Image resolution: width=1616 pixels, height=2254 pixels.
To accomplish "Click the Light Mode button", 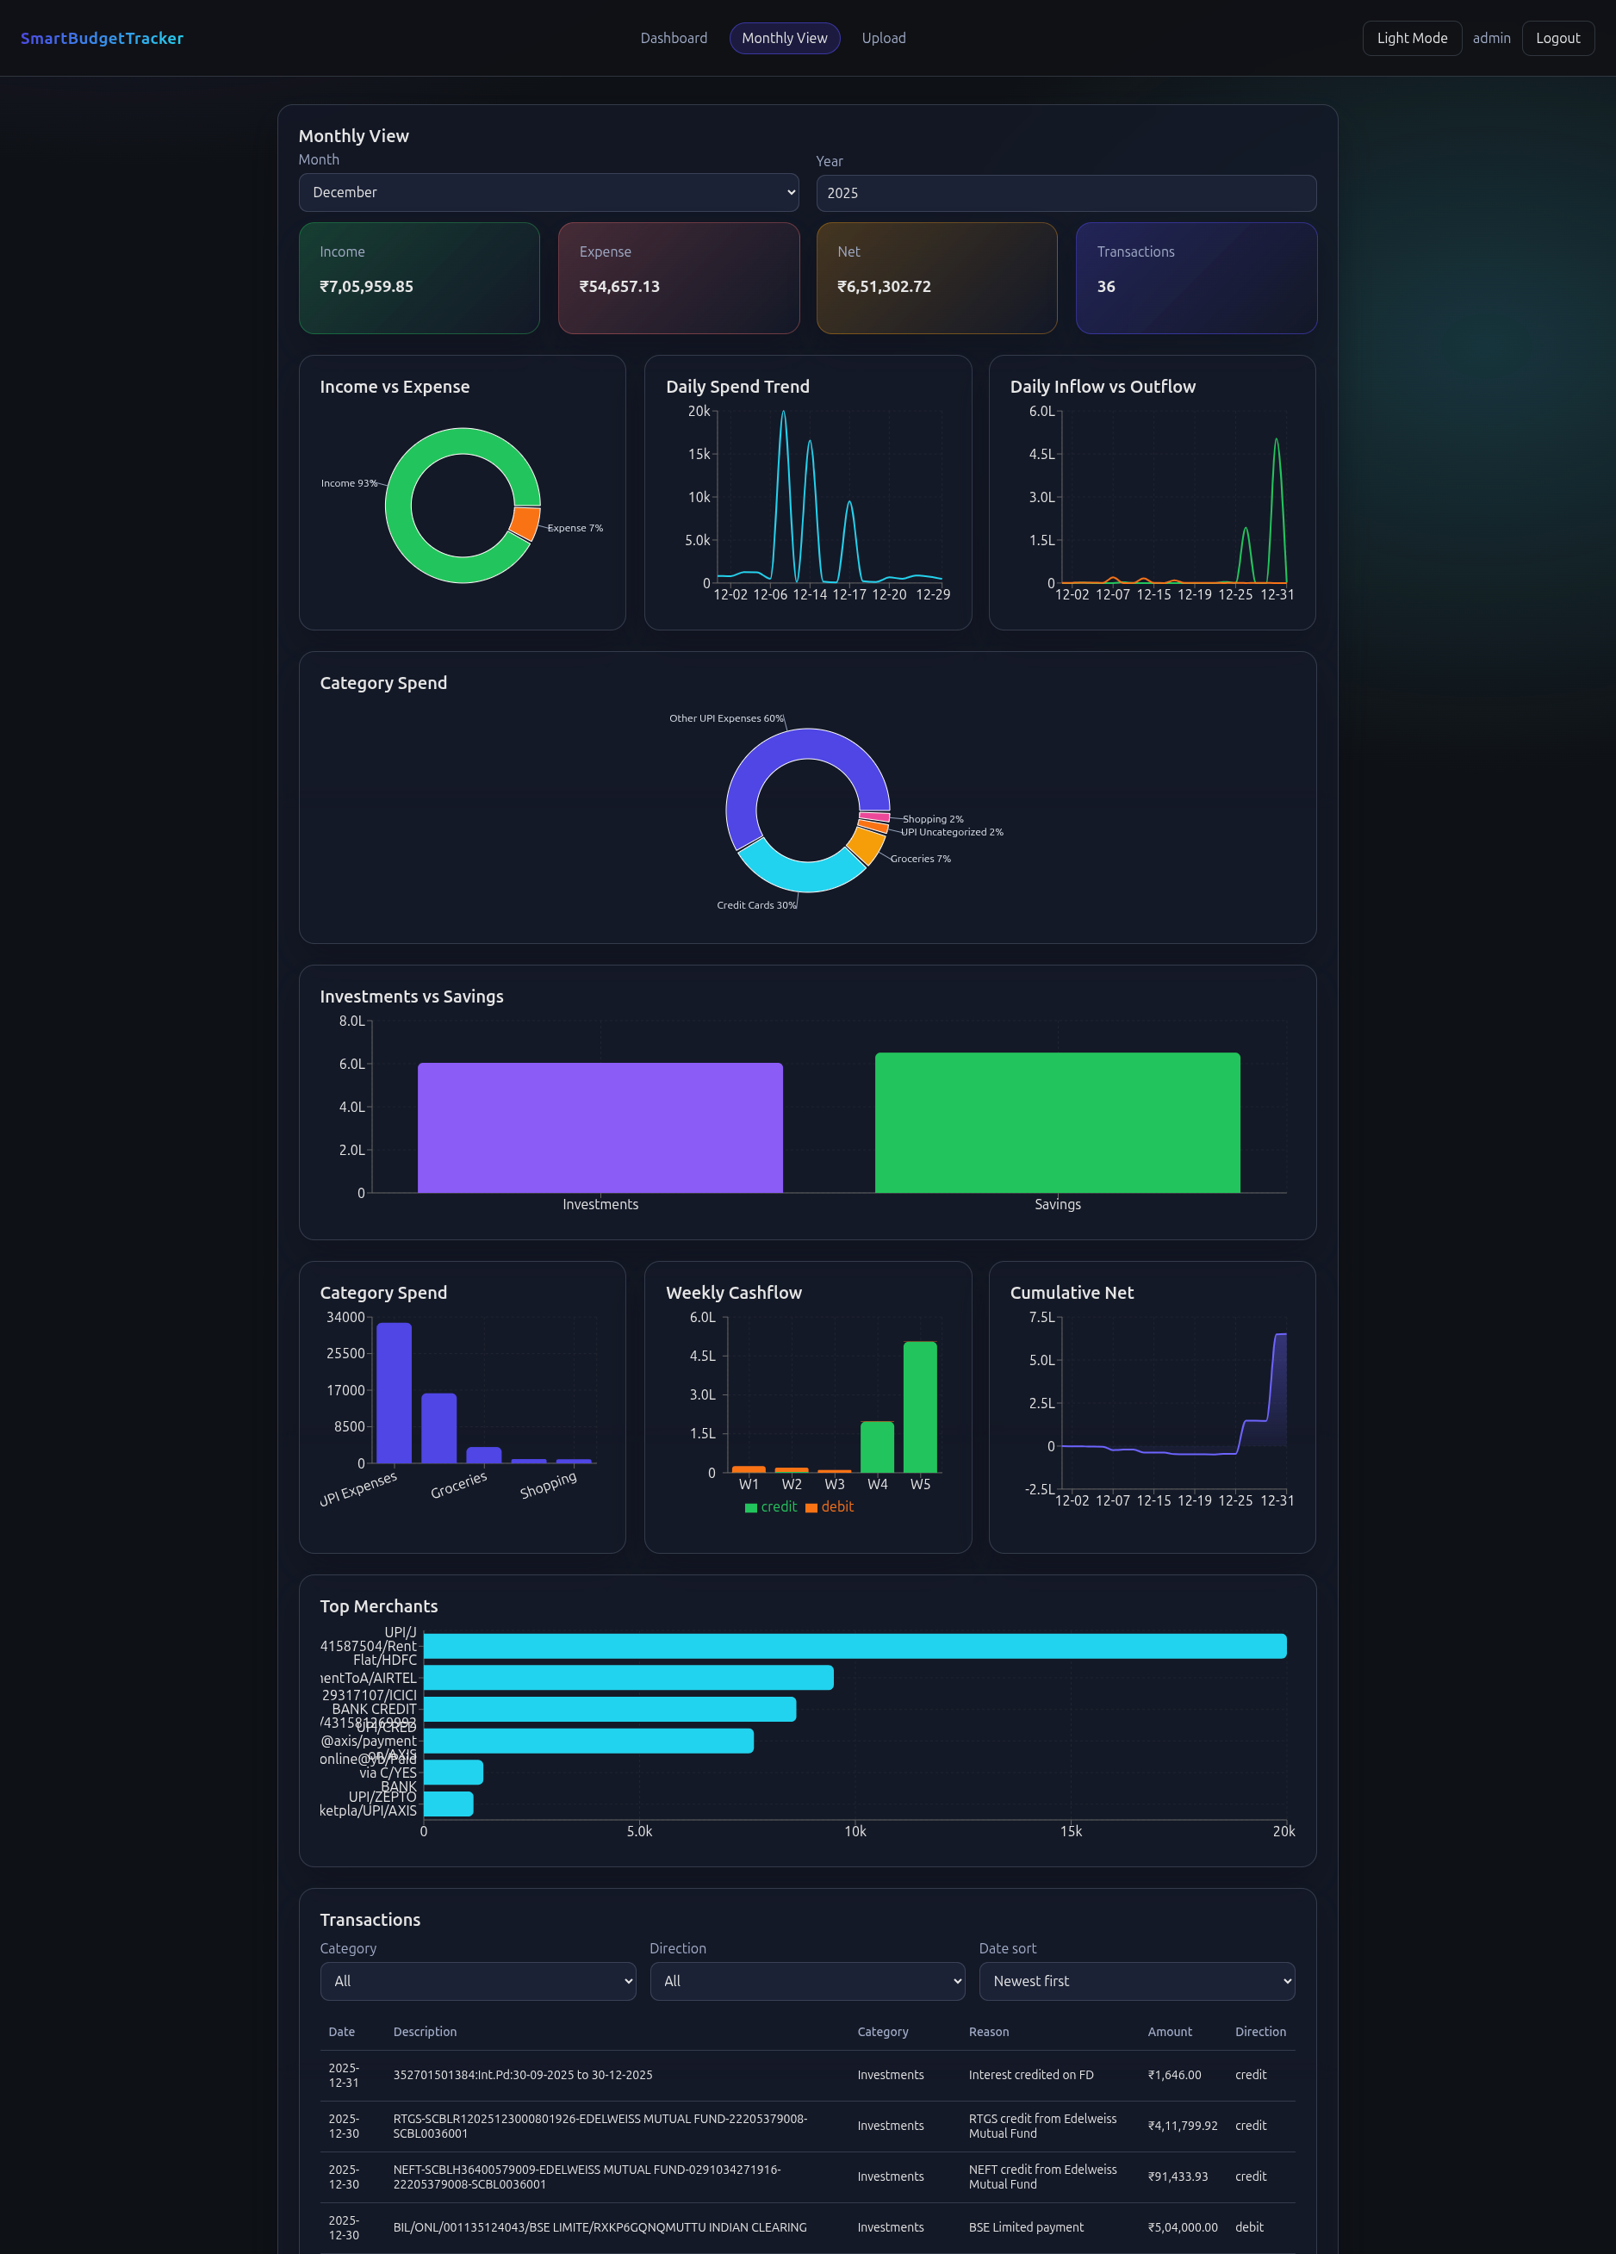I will [x=1411, y=39].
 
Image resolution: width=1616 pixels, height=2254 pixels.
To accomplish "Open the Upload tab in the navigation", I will [x=883, y=39].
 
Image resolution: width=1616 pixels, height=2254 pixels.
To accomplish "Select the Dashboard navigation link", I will [x=673, y=39].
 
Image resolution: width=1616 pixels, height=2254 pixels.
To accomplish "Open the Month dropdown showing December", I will [x=549, y=193].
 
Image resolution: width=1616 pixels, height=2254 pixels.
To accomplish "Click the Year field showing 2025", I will [x=1066, y=194].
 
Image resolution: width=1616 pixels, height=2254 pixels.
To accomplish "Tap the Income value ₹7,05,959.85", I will [x=366, y=287].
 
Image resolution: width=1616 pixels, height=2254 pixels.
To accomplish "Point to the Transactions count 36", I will [x=1105, y=287].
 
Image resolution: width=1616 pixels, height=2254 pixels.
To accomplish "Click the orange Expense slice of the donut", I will [x=525, y=523].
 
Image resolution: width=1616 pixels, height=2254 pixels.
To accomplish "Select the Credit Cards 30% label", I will [x=756, y=905].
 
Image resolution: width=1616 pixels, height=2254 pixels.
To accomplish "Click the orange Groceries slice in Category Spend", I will [x=866, y=845].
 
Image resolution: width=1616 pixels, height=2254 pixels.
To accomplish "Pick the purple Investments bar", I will [x=600, y=1128].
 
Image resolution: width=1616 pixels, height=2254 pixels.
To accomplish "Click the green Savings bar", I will [x=1056, y=1123].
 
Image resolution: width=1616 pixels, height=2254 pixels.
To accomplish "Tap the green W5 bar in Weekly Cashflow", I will [x=919, y=1406].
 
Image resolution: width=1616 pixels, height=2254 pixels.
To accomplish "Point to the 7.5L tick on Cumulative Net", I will [x=1041, y=1318].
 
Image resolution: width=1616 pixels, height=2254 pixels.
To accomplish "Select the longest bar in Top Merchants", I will [x=855, y=1647].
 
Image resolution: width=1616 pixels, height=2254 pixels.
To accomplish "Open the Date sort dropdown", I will [x=1136, y=1982].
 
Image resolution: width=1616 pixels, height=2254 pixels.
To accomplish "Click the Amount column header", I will [x=1169, y=2033].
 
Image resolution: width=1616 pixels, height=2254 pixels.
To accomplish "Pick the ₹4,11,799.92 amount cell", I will [x=1182, y=2127].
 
